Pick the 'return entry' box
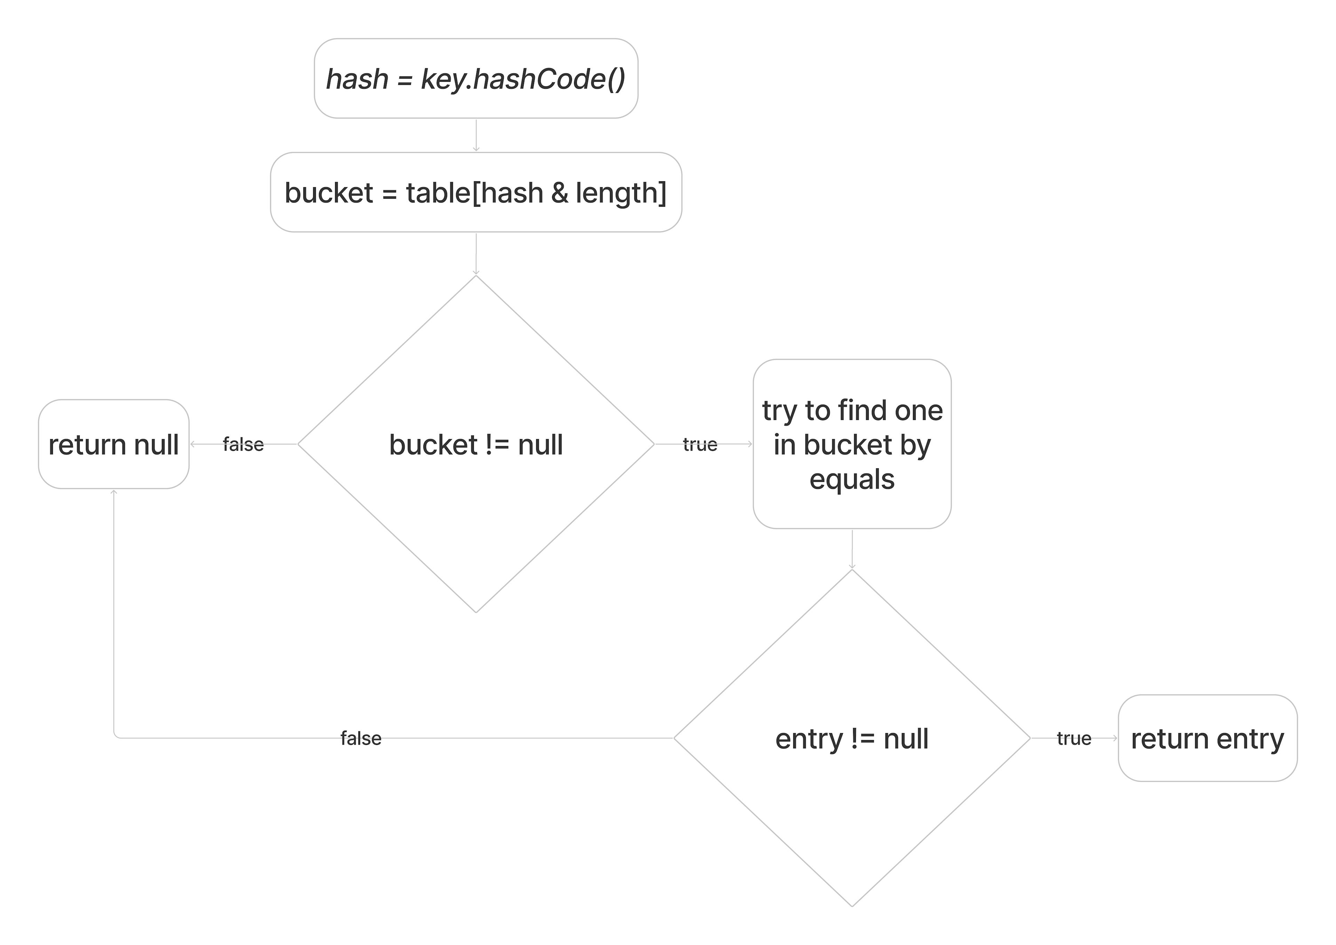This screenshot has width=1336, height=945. coord(1207,738)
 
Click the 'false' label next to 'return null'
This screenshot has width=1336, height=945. coord(243,445)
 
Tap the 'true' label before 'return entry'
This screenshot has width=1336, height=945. coord(1074,738)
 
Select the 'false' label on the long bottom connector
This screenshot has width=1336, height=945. coord(361,738)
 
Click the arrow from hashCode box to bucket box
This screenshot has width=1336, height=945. coord(476,136)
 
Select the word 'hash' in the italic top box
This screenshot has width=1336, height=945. coord(357,79)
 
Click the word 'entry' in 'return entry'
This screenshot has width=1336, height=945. coord(1250,739)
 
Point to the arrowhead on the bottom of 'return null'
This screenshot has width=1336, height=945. coord(114,493)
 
